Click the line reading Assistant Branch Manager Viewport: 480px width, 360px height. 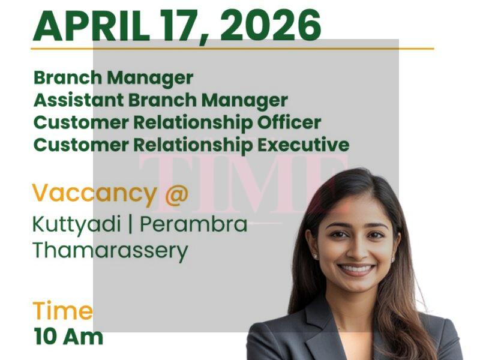[x=160, y=100]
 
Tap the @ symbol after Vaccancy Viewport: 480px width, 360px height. [x=175, y=194]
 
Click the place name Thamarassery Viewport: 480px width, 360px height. [x=110, y=250]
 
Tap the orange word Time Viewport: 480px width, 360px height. [x=62, y=311]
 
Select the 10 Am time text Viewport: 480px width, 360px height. [x=68, y=335]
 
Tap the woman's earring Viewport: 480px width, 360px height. [x=315, y=256]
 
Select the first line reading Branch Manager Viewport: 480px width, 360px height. [x=113, y=77]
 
